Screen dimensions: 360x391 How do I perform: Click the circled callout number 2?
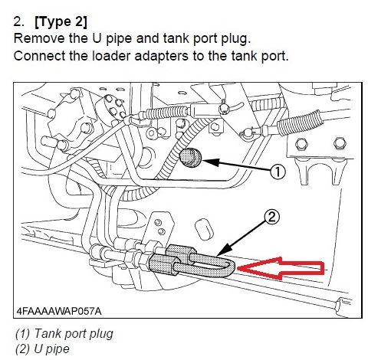click(272, 217)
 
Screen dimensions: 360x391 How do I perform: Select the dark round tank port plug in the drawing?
click(191, 159)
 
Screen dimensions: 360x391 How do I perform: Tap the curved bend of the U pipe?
click(228, 265)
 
